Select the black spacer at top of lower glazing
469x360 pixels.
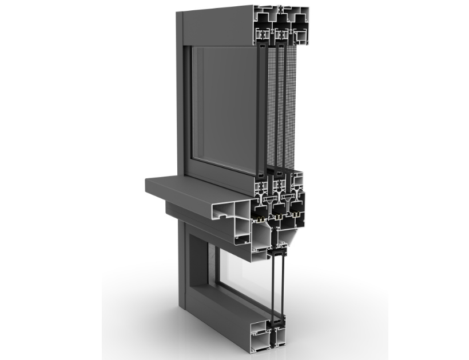click(x=279, y=252)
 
